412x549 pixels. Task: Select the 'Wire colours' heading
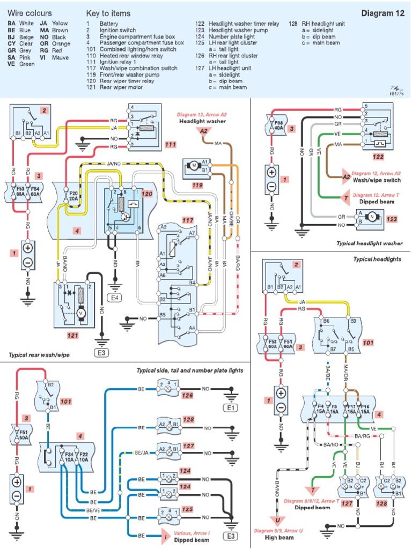click(30, 13)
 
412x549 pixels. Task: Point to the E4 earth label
click(114, 283)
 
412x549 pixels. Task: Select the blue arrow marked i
click(166, 535)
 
